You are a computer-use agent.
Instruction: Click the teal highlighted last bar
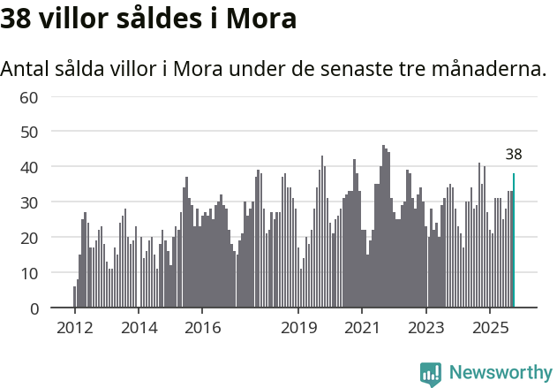(x=514, y=240)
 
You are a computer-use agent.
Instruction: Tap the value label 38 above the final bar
(x=514, y=155)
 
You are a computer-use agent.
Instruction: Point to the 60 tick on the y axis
(x=29, y=96)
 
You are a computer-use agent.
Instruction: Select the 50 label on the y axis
(x=29, y=132)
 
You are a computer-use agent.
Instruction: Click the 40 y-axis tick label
(x=29, y=167)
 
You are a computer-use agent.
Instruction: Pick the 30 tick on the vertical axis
(x=29, y=202)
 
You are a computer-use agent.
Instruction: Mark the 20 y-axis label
(x=29, y=238)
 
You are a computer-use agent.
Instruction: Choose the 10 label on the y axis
(x=29, y=273)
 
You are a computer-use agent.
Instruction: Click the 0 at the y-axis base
(x=34, y=308)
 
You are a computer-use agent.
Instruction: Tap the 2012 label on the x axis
(x=74, y=328)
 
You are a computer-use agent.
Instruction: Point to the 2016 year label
(x=202, y=328)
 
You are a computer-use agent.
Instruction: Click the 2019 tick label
(x=298, y=328)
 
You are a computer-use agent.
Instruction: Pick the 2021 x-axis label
(x=363, y=328)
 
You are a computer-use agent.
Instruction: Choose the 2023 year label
(x=426, y=328)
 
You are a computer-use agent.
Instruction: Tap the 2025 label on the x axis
(x=491, y=328)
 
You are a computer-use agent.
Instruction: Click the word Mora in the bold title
(x=262, y=19)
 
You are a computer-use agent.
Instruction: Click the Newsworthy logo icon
(x=431, y=374)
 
